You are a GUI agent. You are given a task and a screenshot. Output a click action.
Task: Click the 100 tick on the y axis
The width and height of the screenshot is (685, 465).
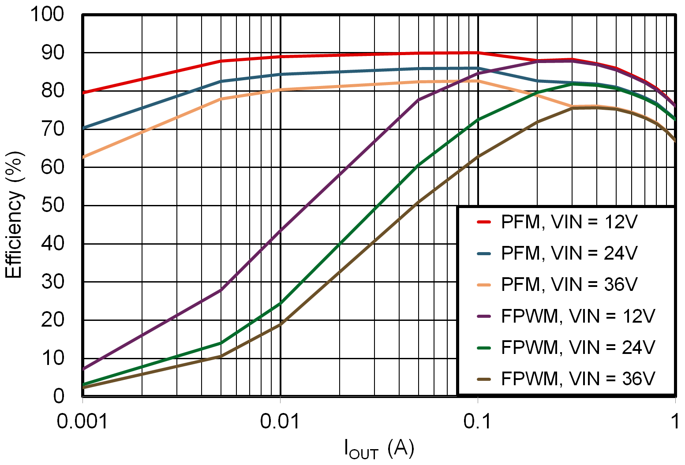pyautogui.click(x=47, y=14)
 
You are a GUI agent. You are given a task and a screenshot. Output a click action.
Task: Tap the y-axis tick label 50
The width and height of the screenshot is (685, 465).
pyautogui.click(x=52, y=205)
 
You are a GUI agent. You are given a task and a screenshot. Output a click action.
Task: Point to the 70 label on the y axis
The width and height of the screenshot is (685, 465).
pyautogui.click(x=52, y=129)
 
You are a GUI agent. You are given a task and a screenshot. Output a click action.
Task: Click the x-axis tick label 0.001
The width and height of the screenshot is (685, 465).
pyautogui.click(x=82, y=422)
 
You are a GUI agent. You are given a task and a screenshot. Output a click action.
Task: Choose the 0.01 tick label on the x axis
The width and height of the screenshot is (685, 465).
pyautogui.click(x=280, y=422)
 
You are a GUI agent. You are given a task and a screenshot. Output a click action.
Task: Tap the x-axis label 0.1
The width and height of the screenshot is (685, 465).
pyautogui.click(x=477, y=422)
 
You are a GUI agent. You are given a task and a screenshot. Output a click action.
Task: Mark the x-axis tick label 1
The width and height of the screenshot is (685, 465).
pyautogui.click(x=674, y=422)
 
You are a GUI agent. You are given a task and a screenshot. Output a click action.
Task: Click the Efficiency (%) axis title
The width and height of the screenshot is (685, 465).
pyautogui.click(x=14, y=215)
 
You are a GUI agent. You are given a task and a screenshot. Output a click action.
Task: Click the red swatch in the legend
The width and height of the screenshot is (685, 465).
pyautogui.click(x=484, y=222)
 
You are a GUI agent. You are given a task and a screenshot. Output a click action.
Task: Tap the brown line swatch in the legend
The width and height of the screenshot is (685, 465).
pyautogui.click(x=484, y=379)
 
